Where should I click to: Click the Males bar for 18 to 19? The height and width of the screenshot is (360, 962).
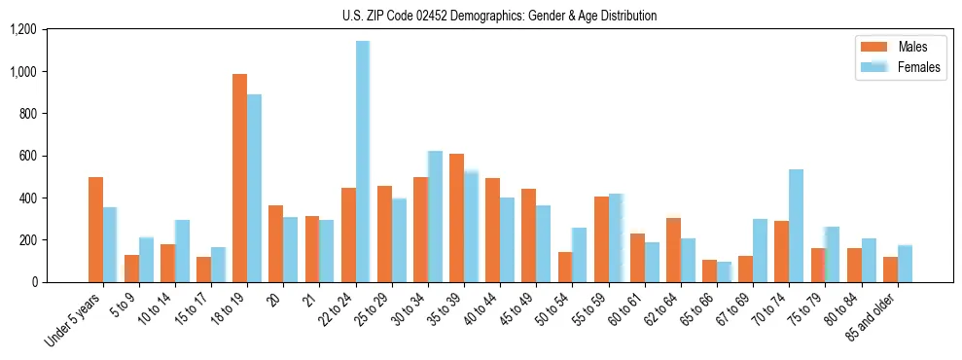tap(239, 178)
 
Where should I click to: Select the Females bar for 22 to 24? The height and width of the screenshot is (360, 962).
tap(363, 162)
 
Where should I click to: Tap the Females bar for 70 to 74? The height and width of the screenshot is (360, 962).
tap(796, 226)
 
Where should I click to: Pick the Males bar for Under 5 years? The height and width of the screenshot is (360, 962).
tap(95, 230)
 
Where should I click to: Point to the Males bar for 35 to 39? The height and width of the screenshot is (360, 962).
tap(456, 218)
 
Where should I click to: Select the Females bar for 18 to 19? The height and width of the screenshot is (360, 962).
tap(254, 188)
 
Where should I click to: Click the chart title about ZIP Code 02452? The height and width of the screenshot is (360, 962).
tap(499, 16)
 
